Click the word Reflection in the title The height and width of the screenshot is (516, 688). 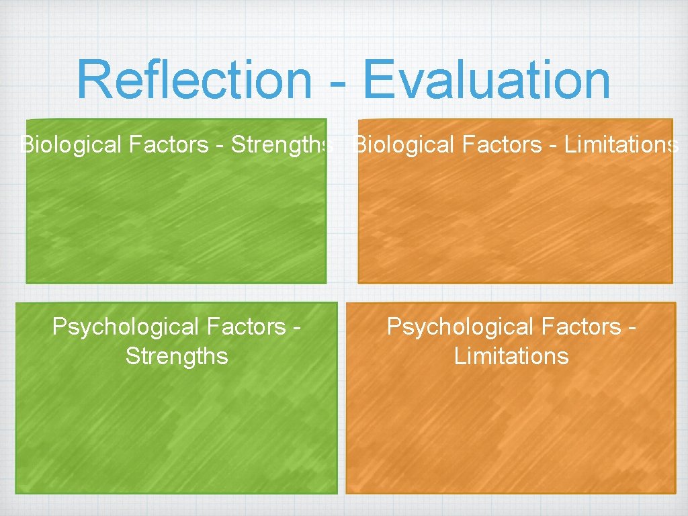pyautogui.click(x=194, y=80)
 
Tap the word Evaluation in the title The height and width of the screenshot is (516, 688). pyautogui.click(x=487, y=80)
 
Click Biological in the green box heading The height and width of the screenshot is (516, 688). pyautogui.click(x=61, y=144)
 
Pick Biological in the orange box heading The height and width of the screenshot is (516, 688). pyautogui.click(x=395, y=144)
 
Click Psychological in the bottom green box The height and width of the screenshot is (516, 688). pyautogui.click(x=123, y=327)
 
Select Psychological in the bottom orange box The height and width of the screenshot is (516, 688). pyautogui.click(x=458, y=327)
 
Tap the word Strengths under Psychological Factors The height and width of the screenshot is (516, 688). pyautogui.click(x=177, y=356)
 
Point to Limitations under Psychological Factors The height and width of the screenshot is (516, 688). pyautogui.click(x=511, y=356)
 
